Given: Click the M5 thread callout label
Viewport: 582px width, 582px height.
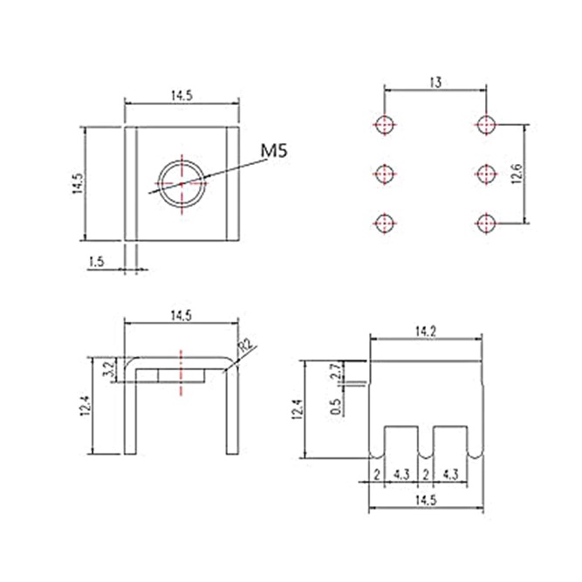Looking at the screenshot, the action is (x=274, y=151).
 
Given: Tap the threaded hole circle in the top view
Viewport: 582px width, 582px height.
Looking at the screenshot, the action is (x=181, y=161).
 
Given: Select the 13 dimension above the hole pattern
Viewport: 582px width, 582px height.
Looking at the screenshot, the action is (x=435, y=82).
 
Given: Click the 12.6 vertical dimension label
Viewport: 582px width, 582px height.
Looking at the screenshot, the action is (x=517, y=174).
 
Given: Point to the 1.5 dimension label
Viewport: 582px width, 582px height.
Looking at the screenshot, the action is (x=97, y=262).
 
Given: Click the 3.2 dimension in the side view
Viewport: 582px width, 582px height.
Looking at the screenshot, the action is (x=110, y=370).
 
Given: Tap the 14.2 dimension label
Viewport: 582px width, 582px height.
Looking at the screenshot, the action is (x=426, y=332).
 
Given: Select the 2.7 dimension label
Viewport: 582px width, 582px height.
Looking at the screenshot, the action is (x=336, y=371).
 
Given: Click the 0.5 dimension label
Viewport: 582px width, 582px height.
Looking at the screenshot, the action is (x=335, y=407).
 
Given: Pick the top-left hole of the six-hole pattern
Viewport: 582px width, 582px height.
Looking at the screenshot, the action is (x=385, y=125).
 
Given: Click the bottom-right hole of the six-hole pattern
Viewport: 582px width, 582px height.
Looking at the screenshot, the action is (x=486, y=223).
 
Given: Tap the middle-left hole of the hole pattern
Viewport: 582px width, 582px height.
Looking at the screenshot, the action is (x=385, y=174).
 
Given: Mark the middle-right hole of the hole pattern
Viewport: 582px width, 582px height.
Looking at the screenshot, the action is (x=486, y=174).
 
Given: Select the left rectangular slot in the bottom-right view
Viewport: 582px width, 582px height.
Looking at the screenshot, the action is (x=401, y=442).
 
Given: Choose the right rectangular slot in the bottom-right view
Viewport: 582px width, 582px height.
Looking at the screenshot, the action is (x=450, y=442).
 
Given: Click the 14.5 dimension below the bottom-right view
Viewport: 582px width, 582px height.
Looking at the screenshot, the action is (x=426, y=501).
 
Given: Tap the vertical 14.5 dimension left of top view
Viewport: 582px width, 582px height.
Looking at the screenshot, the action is (x=77, y=184).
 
